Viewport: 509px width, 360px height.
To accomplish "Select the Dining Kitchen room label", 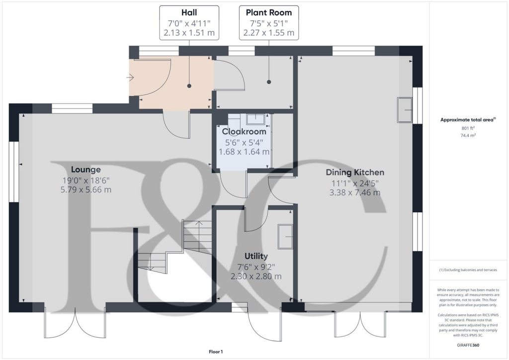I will pos(354,173).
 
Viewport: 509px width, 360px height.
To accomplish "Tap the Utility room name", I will pos(256,256).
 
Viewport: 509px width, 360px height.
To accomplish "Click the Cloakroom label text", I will pos(244,132).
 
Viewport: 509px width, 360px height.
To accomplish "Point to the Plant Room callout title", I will pos(269,12).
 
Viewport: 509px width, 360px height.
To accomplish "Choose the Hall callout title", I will pos(189,12).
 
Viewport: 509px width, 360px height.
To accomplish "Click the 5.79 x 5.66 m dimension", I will pos(85,189).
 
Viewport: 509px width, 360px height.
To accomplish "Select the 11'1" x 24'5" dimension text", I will pos(354,182).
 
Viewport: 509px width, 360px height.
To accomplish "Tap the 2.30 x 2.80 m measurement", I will pos(256,276).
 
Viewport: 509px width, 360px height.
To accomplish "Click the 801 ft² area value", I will pos(468,128).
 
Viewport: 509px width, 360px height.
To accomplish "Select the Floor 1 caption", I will pos(216,352).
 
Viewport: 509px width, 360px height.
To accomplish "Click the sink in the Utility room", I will pos(285,236).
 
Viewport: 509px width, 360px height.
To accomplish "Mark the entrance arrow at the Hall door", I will pos(131,77).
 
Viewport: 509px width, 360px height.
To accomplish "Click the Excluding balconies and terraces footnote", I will pos(468,270).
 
